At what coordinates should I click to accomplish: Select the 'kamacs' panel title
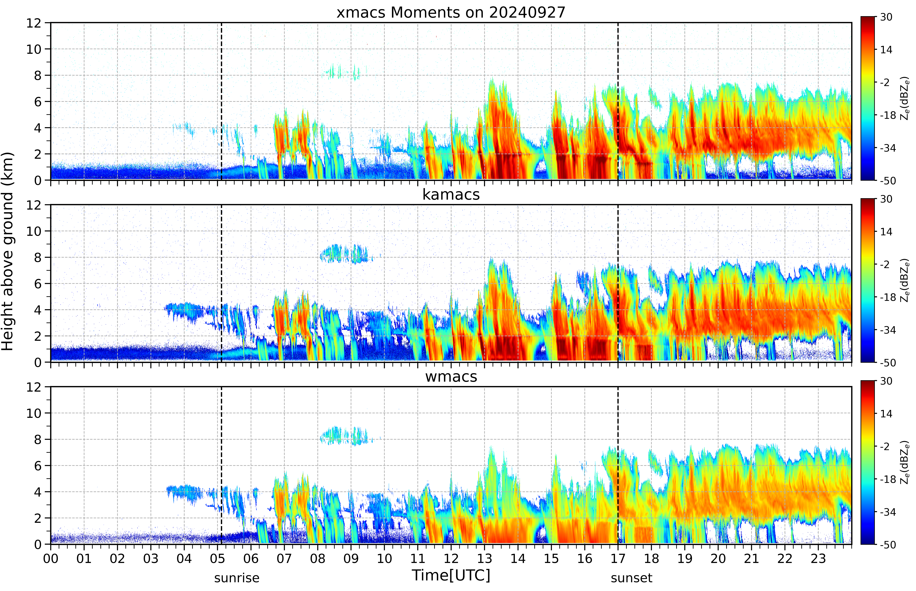pos(451,195)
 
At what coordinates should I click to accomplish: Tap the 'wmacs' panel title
pos(451,376)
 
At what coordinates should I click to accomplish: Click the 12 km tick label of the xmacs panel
pos(34,23)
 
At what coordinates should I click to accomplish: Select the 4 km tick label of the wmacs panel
pos(38,492)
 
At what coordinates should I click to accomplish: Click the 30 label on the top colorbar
pos(886,17)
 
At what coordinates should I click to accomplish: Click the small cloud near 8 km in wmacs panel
pos(344,436)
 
